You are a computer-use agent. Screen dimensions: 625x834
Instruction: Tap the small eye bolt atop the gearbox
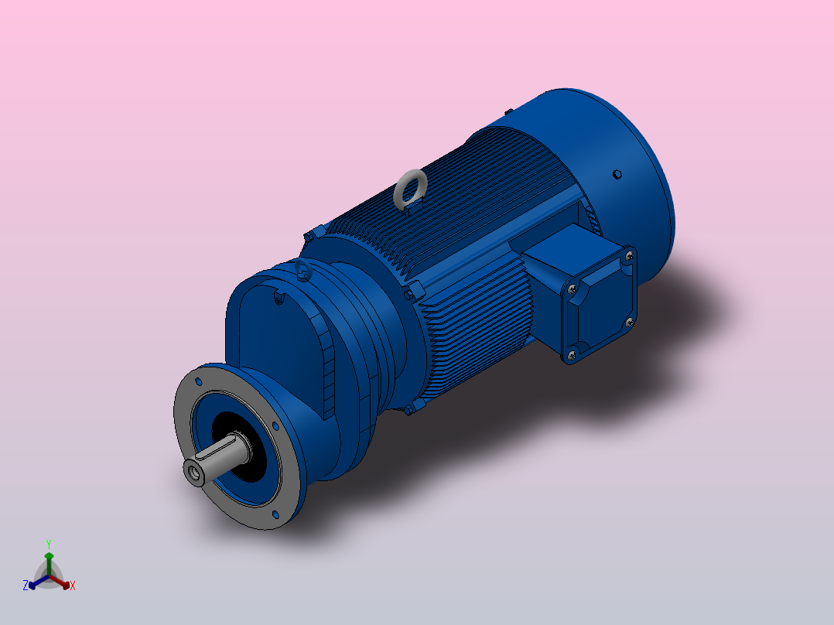pyautogui.click(x=302, y=270)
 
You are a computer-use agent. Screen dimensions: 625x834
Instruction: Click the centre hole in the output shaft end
pyautogui.click(x=193, y=470)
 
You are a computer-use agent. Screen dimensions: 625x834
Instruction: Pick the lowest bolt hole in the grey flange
pyautogui.click(x=276, y=513)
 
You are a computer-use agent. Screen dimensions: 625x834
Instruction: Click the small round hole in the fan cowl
pyautogui.click(x=617, y=174)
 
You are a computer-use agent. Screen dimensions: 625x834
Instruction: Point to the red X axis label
pyautogui.click(x=73, y=586)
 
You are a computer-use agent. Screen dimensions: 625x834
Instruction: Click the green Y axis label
pyautogui.click(x=48, y=544)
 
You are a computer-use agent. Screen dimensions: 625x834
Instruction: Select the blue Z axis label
pyautogui.click(x=26, y=586)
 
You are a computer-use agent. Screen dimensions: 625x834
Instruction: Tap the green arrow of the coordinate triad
pyautogui.click(x=48, y=561)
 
